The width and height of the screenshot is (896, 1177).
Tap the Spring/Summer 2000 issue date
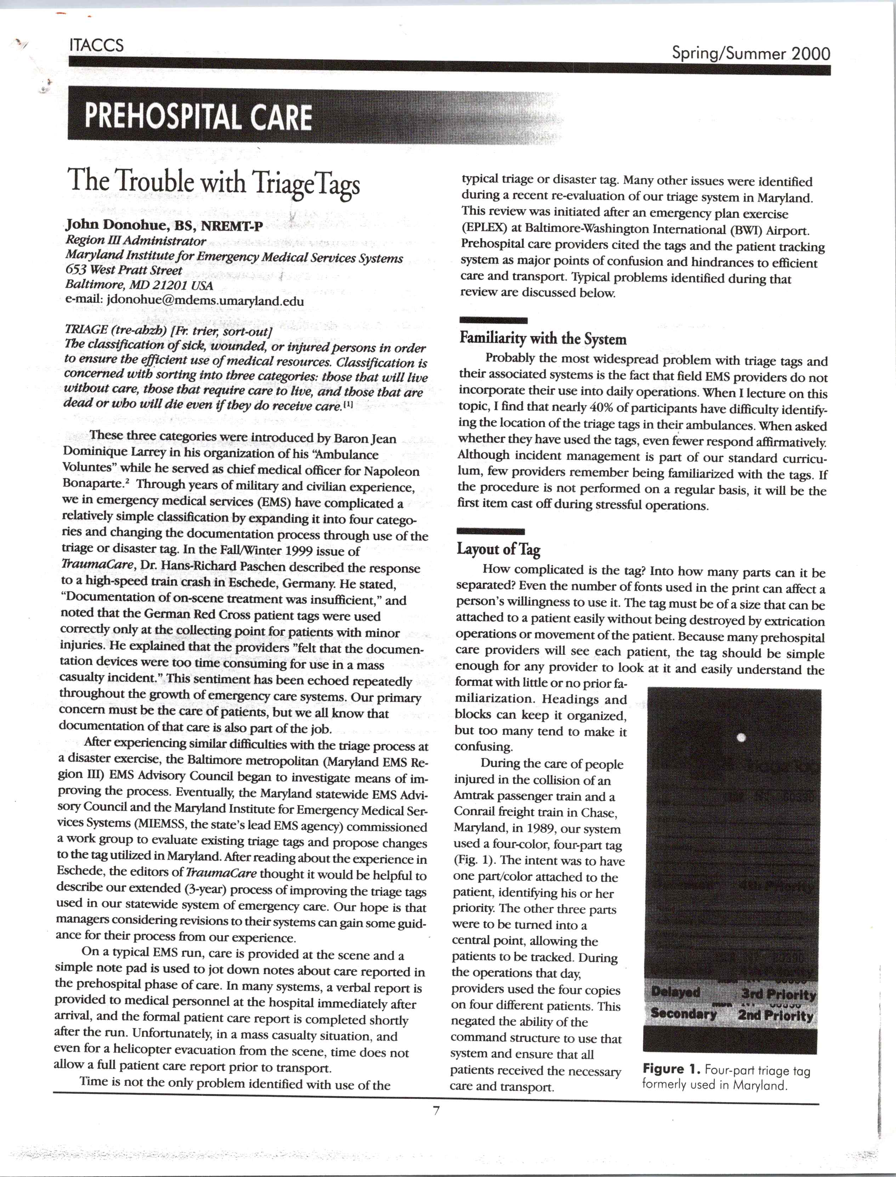[750, 54]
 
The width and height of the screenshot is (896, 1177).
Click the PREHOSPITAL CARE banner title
[198, 117]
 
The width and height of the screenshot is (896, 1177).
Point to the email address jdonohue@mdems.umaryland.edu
[205, 301]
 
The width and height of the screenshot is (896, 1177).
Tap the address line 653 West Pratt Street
[124, 270]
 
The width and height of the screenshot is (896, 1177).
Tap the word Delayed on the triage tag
[675, 993]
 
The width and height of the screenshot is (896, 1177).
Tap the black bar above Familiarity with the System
[493, 320]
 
